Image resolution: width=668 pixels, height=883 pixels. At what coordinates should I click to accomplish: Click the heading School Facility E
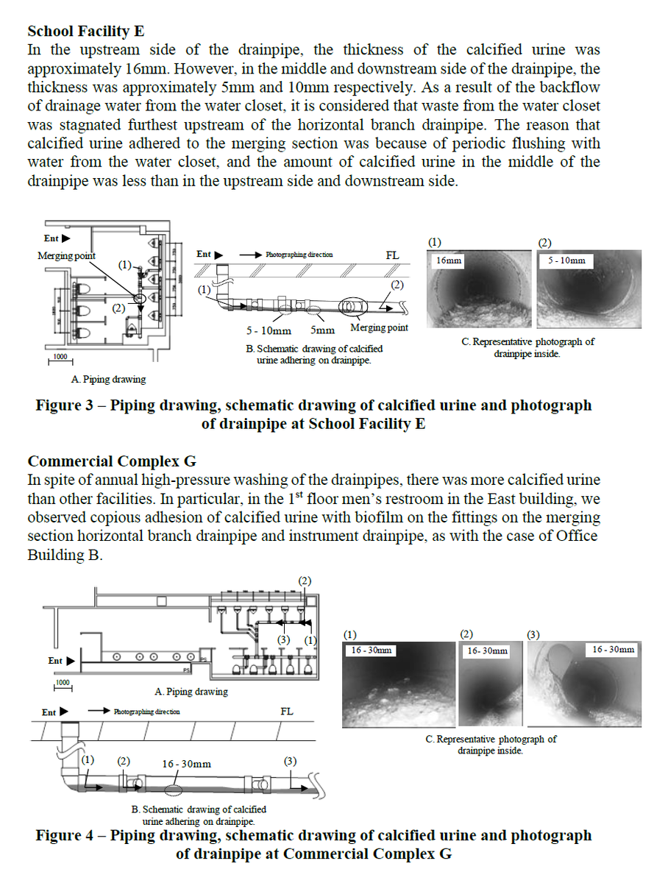click(x=85, y=32)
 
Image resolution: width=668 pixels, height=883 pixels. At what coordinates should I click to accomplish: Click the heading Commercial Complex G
click(x=112, y=461)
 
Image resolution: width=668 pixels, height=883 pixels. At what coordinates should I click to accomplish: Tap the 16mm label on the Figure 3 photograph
click(x=449, y=260)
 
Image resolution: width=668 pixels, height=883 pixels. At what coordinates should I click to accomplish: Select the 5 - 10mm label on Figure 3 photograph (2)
click(x=567, y=260)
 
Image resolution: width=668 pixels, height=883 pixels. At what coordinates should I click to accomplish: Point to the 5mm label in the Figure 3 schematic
click(x=323, y=330)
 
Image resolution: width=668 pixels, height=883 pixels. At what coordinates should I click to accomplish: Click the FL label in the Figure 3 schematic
click(x=392, y=255)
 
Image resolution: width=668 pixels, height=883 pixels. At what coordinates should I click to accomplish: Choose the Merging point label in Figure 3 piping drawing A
click(x=66, y=256)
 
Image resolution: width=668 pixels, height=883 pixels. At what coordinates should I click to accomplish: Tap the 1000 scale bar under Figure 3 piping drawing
click(x=60, y=358)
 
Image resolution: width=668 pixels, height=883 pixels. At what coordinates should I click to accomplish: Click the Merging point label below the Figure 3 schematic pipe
click(x=379, y=327)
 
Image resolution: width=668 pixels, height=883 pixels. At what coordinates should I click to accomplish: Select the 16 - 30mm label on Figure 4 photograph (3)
click(x=613, y=649)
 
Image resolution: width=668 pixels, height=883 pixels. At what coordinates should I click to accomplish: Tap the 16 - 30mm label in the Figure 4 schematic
click(x=186, y=764)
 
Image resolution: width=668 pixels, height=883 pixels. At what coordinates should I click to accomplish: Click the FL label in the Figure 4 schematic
click(x=287, y=712)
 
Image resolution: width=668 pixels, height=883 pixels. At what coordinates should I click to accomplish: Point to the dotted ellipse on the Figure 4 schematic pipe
click(x=174, y=790)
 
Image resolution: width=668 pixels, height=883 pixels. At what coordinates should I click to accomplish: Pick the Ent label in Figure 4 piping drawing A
click(x=55, y=661)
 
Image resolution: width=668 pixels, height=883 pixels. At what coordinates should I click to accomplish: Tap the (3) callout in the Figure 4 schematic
click(x=290, y=761)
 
